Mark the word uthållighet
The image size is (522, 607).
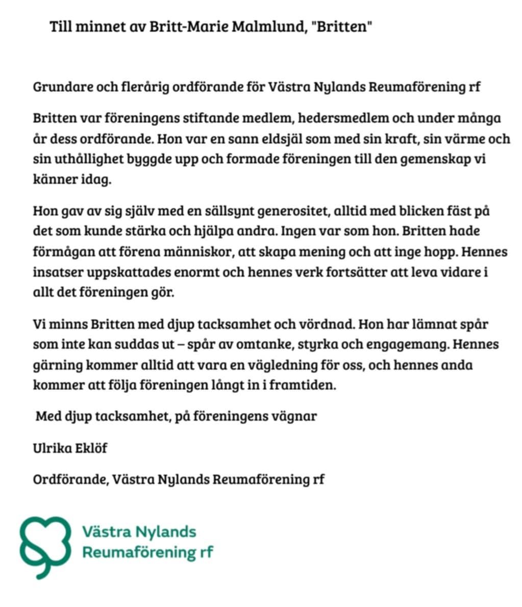tap(83, 159)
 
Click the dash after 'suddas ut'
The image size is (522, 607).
tap(180, 345)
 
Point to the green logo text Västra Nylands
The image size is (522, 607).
tap(139, 532)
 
